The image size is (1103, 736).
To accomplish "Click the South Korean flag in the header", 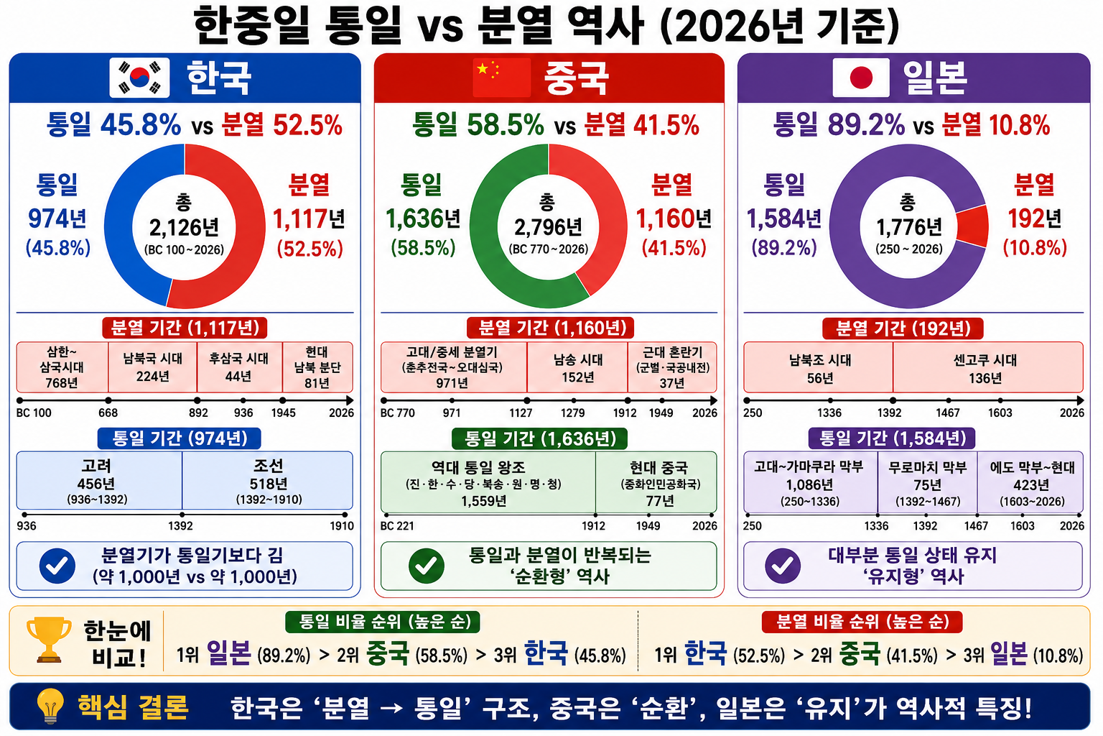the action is [139, 78].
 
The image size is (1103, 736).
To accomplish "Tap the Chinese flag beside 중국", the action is [502, 78].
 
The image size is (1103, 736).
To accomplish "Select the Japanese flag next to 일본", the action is [861, 78].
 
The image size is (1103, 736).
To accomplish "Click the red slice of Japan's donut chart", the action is [973, 226].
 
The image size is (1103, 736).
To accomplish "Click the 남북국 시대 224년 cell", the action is [153, 367].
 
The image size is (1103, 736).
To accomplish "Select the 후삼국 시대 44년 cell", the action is [239, 367].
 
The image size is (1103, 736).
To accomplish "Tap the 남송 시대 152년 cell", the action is [577, 368].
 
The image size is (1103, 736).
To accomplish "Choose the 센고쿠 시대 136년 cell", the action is [988, 368].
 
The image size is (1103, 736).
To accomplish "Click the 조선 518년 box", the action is [267, 481].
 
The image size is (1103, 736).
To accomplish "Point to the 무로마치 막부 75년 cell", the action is [927, 482].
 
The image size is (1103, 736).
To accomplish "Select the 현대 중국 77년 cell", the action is [656, 482].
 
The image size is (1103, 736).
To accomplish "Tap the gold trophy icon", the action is [49, 640].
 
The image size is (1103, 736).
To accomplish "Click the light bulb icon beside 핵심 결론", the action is [50, 706].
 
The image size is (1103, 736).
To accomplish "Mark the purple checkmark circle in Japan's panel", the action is [783, 566].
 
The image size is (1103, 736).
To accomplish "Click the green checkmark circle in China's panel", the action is [427, 566].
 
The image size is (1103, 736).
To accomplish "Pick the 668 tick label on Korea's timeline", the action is [108, 413].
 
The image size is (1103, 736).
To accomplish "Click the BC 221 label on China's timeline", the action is [397, 526].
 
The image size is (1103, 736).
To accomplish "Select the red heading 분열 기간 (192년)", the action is [903, 328].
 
